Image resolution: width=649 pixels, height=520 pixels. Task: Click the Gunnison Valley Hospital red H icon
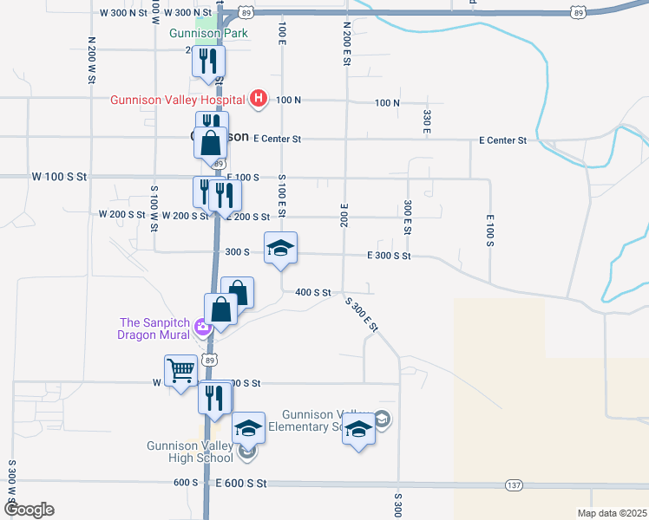click(x=258, y=99)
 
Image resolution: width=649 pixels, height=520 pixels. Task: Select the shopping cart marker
click(x=181, y=371)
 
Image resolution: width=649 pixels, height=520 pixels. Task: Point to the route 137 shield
click(x=515, y=484)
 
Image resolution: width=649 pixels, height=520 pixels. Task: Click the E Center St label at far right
click(x=502, y=140)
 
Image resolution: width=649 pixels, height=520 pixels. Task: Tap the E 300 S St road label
click(x=389, y=256)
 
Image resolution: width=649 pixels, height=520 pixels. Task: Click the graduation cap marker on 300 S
click(x=280, y=248)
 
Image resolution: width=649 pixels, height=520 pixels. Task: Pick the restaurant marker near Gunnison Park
click(x=208, y=61)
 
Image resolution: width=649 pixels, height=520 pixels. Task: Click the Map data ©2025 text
click(x=612, y=513)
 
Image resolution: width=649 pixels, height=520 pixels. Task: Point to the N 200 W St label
click(x=91, y=60)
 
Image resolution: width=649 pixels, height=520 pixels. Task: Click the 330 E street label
click(x=427, y=120)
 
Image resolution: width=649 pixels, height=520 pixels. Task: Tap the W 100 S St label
click(x=60, y=176)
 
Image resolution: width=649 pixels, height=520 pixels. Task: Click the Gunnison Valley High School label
click(x=189, y=452)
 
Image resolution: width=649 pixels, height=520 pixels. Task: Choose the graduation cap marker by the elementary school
click(x=358, y=429)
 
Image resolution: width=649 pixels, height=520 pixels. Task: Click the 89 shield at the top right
click(x=578, y=12)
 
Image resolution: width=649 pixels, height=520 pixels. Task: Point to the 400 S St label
click(x=313, y=293)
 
